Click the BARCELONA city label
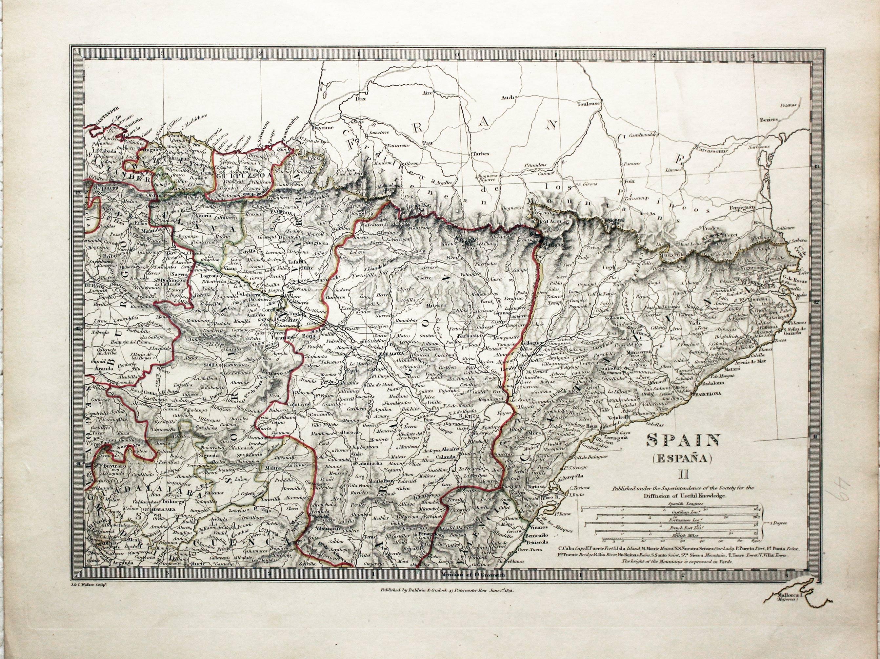708,394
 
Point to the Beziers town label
766,120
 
